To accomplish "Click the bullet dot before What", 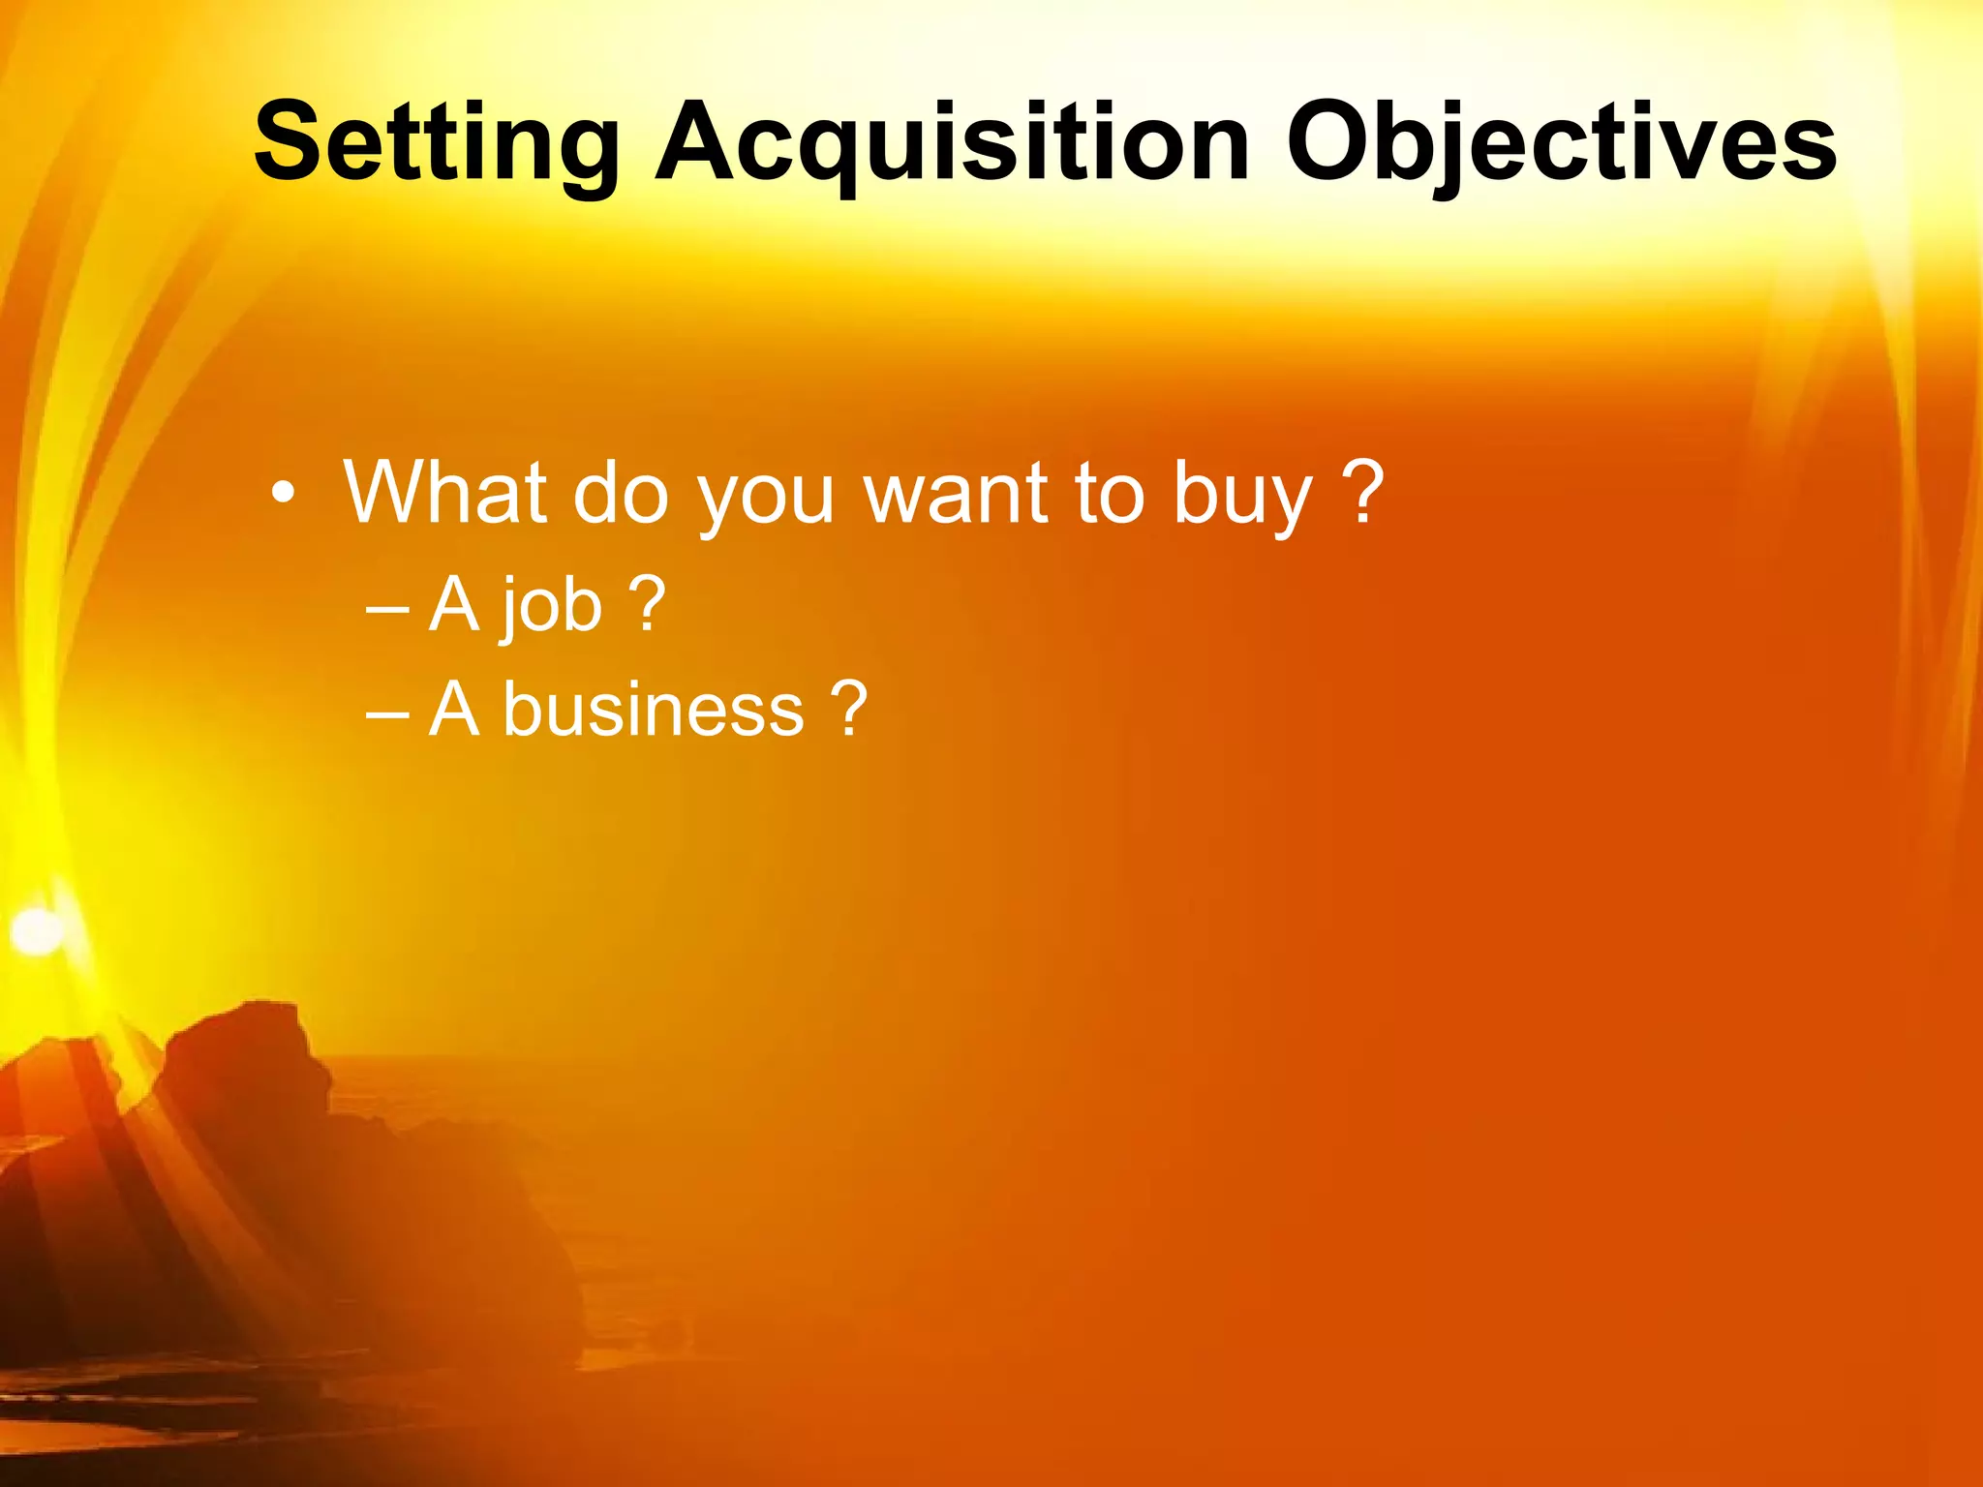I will pyautogui.click(x=282, y=494).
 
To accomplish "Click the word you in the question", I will pyautogui.click(x=765, y=499).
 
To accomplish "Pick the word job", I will pyautogui.click(x=553, y=606).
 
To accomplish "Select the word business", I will pyautogui.click(x=654, y=709).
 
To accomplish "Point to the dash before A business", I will pyautogui.click(x=388, y=714).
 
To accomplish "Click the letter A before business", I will pyautogui.click(x=454, y=709).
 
